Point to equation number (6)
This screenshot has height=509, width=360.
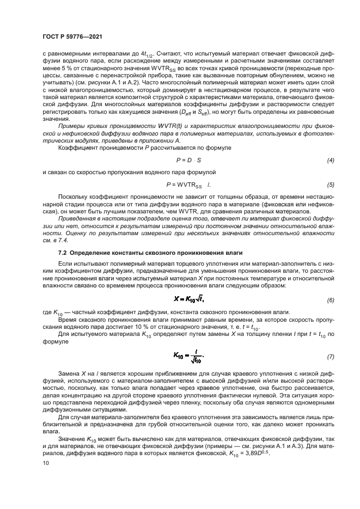330,301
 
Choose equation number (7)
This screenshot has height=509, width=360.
330,357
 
